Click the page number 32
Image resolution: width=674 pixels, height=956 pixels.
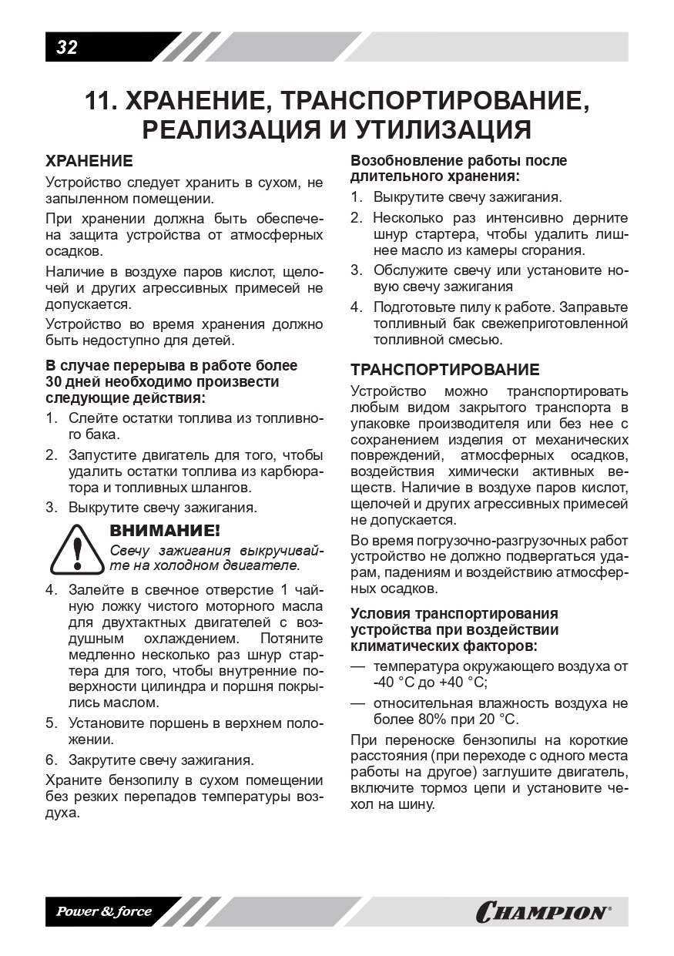tap(67, 47)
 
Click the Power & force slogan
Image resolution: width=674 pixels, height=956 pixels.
tap(104, 912)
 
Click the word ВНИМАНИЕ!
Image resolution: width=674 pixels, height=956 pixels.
tap(165, 531)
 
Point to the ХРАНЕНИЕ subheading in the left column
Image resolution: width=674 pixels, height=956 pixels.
tap(89, 162)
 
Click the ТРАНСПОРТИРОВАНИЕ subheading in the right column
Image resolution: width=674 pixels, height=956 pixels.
tap(445, 370)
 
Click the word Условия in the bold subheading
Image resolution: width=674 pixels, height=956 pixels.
tap(381, 614)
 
